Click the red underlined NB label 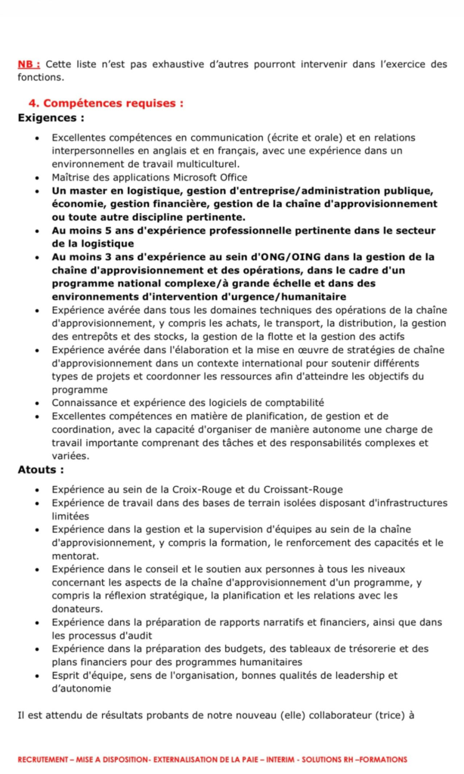(29, 65)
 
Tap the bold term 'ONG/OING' (280, 257)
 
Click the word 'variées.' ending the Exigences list (70, 456)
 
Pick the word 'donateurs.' (78, 608)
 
